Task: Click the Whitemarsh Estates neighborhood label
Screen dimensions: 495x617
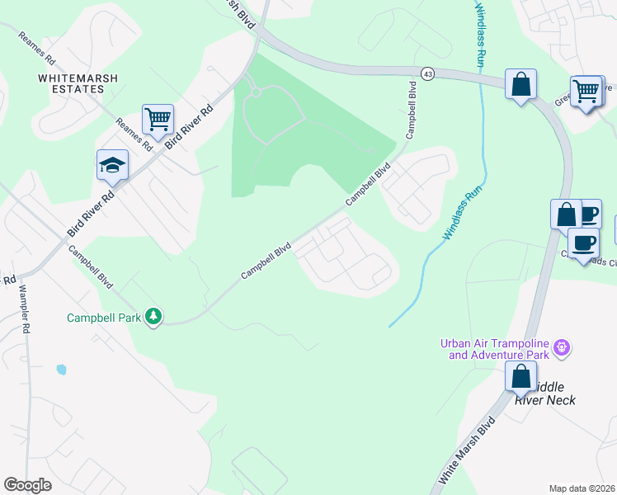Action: pyautogui.click(x=78, y=83)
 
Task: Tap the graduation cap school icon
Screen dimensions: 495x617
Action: pyautogui.click(x=112, y=167)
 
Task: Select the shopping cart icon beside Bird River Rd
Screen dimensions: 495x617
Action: pyautogui.click(x=158, y=120)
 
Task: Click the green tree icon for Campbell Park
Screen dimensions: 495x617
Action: pyautogui.click(x=153, y=316)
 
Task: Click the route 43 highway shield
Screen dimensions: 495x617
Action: pyautogui.click(x=426, y=74)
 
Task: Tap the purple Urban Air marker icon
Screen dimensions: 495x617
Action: pyautogui.click(x=561, y=348)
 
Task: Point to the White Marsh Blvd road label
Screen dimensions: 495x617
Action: pyautogui.click(x=468, y=450)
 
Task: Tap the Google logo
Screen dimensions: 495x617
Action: pyautogui.click(x=27, y=485)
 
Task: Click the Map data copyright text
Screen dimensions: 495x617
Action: pyautogui.click(x=582, y=488)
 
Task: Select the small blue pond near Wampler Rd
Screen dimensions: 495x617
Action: pyautogui.click(x=61, y=370)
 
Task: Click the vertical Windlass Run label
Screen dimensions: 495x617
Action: pyautogui.click(x=479, y=34)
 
